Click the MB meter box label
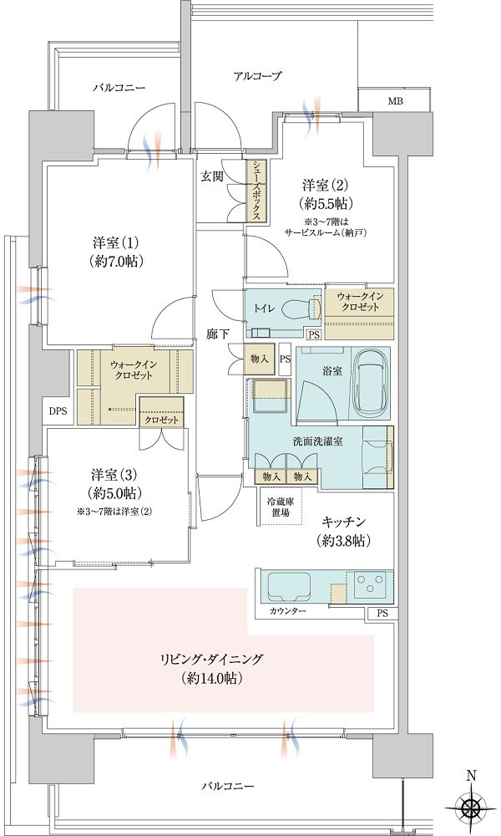point(395,101)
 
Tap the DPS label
point(58,411)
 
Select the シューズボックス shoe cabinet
point(256,190)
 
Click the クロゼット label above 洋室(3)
point(161,421)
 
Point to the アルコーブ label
point(256,76)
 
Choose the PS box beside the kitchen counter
point(382,614)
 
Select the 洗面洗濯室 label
point(317,441)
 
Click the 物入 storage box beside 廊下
point(259,359)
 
